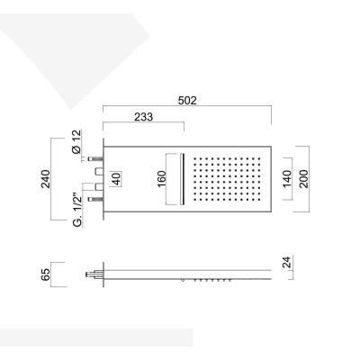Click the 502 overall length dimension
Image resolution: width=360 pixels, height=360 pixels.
coord(187,101)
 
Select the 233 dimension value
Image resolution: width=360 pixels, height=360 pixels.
coord(143,117)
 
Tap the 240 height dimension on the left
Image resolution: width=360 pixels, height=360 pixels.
coord(46,179)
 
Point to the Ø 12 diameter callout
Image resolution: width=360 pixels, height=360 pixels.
coord(76,141)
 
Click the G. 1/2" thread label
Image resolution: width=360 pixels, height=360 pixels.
coord(77,211)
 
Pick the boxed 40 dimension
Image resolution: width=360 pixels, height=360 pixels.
coord(117,179)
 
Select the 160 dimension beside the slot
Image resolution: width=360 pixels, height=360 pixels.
coord(161,179)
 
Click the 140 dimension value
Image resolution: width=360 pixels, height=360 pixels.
coord(287,179)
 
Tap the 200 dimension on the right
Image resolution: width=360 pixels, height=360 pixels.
coord(303,179)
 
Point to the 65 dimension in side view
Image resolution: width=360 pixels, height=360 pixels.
coord(46,274)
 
